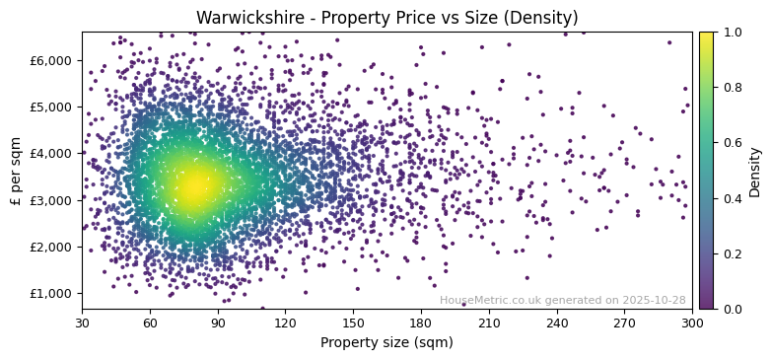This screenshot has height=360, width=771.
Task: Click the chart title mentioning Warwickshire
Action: (386, 18)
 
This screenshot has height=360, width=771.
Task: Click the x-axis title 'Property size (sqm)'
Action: (386, 342)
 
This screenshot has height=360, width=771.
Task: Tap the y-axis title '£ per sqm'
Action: (16, 171)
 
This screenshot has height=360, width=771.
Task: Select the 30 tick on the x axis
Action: (82, 322)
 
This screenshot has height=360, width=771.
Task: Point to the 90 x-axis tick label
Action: (218, 322)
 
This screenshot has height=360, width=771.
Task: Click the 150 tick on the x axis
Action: (353, 322)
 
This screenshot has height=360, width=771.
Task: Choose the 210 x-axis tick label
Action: (489, 322)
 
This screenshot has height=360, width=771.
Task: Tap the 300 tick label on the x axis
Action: (692, 322)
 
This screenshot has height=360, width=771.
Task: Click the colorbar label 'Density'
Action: (754, 171)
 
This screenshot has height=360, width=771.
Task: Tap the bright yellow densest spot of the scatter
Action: (194, 184)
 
